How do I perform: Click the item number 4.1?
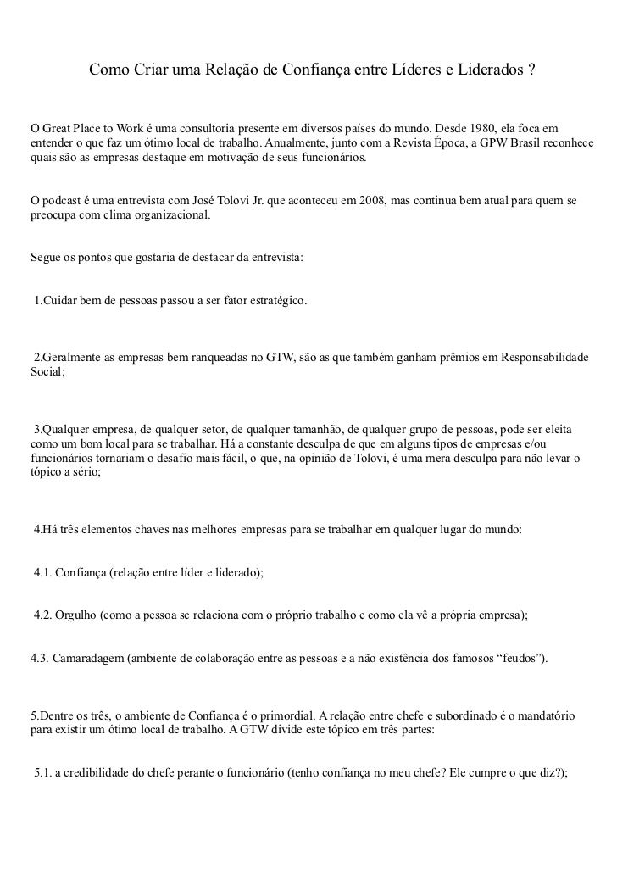click(42, 573)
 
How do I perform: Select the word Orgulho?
click(75, 617)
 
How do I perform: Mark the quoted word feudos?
click(519, 659)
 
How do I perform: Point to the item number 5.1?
click(42, 772)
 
